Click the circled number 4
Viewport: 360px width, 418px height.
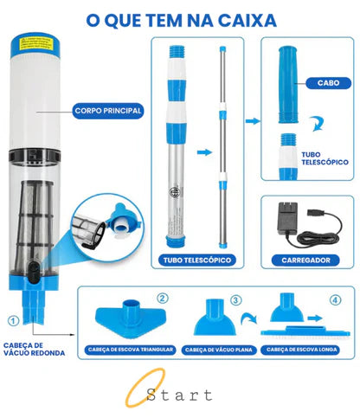pyautogui.click(x=334, y=302)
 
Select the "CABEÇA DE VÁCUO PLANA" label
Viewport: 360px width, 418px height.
pyautogui.click(x=218, y=350)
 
